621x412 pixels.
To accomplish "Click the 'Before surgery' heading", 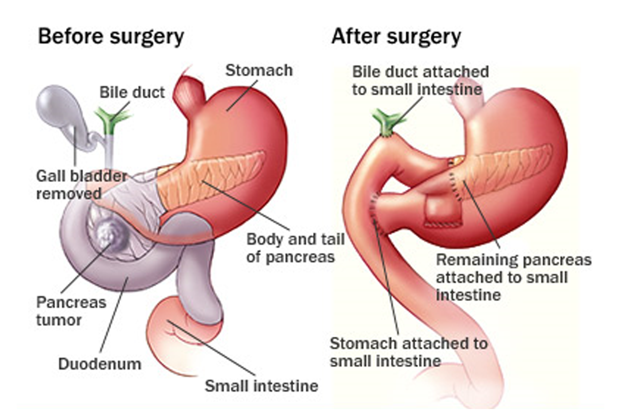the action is [x=111, y=36].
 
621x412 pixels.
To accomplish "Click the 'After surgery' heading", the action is [x=396, y=36].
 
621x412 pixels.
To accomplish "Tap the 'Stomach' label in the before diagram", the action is [x=259, y=70].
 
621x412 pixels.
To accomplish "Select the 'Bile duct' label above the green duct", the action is [x=132, y=92].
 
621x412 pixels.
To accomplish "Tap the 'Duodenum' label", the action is [x=100, y=363].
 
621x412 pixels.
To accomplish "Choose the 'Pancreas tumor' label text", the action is [x=71, y=311].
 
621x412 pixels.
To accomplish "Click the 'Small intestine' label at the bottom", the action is [x=261, y=385].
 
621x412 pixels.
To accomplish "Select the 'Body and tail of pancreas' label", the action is [x=296, y=248].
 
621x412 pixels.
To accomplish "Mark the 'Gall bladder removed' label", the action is [x=82, y=185].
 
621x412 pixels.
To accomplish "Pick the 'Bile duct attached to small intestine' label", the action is [x=420, y=81].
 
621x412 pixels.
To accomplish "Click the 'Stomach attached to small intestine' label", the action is [x=408, y=352].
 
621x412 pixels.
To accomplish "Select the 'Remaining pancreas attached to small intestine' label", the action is [x=514, y=277].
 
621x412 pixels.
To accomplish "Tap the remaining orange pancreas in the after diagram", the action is [x=499, y=172].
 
